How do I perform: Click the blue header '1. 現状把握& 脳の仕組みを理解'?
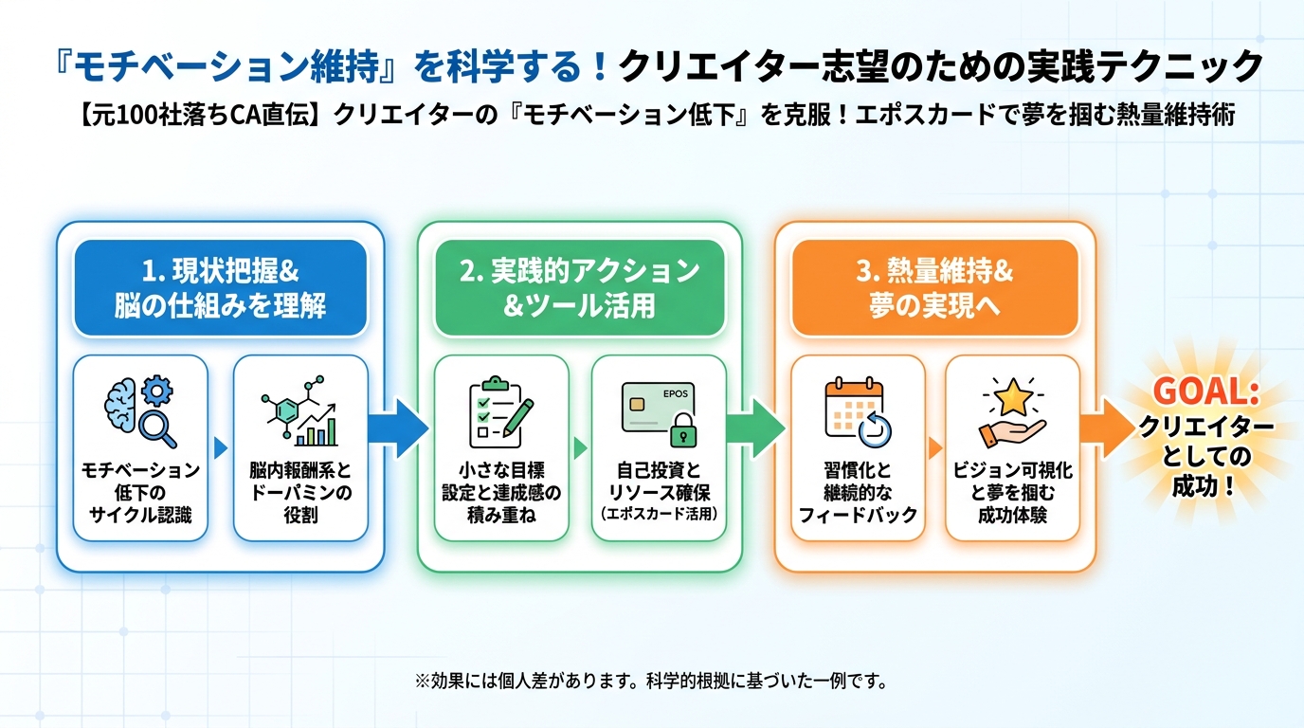(x=220, y=288)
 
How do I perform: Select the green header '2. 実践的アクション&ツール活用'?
(x=579, y=288)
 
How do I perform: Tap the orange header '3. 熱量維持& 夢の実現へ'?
(x=935, y=288)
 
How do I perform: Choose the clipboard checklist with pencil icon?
(x=500, y=410)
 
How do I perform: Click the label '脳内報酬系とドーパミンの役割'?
(x=299, y=492)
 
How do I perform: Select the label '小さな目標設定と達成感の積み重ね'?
(x=500, y=492)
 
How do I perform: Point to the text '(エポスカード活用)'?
(x=659, y=514)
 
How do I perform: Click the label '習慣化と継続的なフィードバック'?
(x=857, y=492)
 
